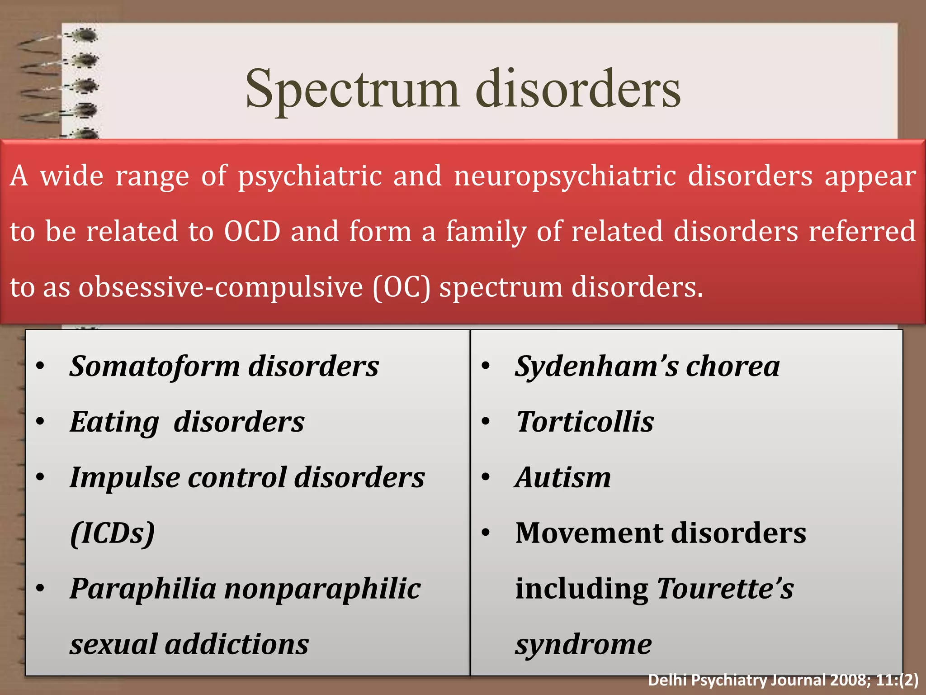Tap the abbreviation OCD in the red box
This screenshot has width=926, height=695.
252,231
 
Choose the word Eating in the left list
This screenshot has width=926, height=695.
114,422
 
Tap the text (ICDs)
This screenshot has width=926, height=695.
113,533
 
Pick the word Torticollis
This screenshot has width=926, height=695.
585,422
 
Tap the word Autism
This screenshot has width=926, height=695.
563,477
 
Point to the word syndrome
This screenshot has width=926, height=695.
583,644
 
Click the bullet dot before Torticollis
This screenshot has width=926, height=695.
486,422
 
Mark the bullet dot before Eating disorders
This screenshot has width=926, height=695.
40,422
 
